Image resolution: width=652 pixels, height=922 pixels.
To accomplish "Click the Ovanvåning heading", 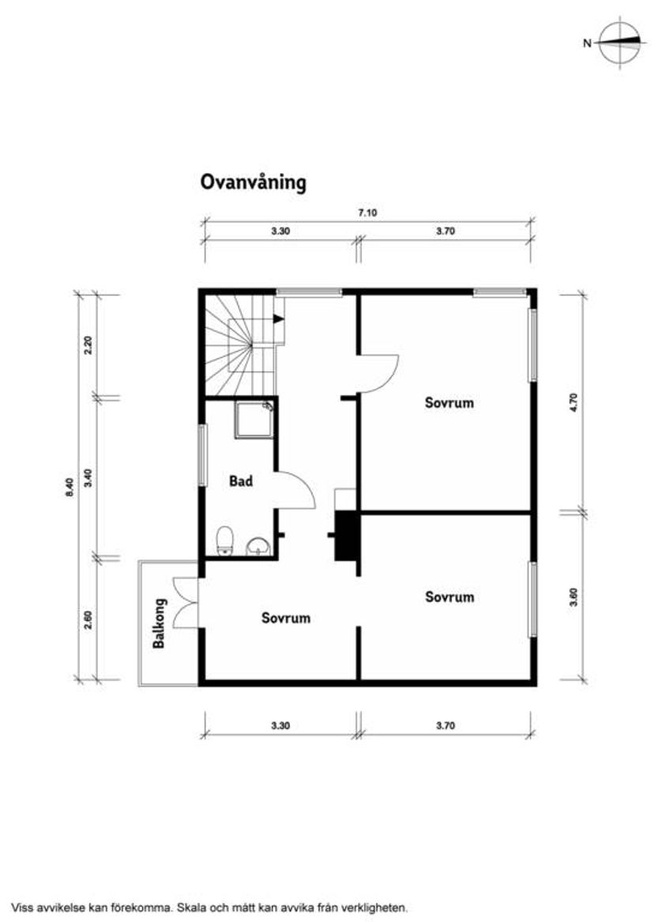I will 252,183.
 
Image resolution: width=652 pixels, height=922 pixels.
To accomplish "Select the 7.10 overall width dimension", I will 366,213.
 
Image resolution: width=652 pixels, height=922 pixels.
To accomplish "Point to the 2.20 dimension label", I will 89,344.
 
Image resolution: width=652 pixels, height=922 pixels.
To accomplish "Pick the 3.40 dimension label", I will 89,477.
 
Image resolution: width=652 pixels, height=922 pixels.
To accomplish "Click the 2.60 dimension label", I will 89,620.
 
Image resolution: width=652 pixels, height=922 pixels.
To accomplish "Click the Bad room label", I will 241,480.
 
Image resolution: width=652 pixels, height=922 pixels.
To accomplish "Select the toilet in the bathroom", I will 225,541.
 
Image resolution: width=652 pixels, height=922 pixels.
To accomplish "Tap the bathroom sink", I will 258,545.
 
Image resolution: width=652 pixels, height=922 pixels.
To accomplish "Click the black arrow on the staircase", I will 278,319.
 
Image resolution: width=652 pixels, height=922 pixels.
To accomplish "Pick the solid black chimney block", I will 345,536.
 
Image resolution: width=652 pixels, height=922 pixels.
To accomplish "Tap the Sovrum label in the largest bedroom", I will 449,402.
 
